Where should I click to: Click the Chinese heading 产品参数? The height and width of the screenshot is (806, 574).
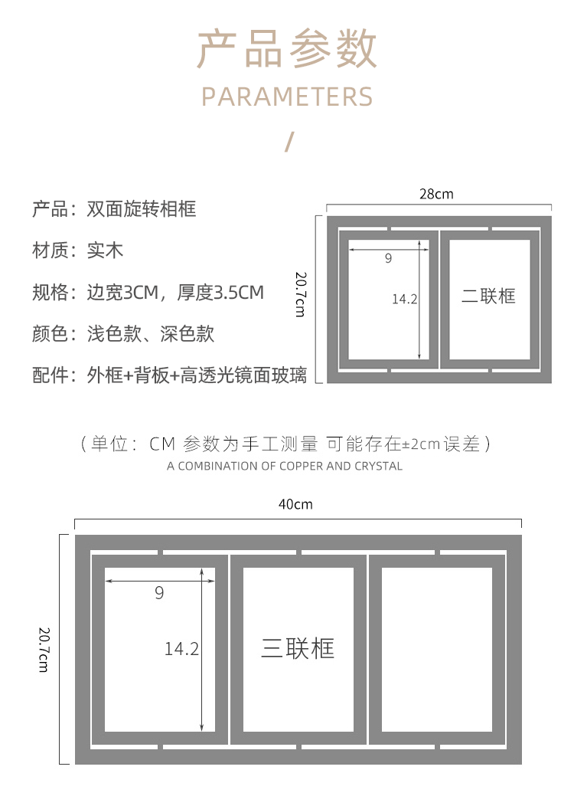click(287, 50)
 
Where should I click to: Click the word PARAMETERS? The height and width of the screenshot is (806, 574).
click(287, 97)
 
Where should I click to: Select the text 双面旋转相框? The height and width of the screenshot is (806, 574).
click(142, 208)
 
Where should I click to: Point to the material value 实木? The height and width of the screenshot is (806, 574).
click(105, 250)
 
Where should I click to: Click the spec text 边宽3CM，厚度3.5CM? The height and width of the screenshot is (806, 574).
click(175, 292)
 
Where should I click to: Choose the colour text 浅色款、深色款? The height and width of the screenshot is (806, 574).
click(150, 333)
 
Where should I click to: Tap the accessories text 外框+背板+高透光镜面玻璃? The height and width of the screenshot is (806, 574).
click(197, 375)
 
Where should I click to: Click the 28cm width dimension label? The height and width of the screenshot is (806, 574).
click(436, 194)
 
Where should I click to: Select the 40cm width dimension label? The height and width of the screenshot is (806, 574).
click(295, 504)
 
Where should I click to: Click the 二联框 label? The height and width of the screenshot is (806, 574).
click(488, 296)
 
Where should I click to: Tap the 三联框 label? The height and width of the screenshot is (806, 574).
click(298, 648)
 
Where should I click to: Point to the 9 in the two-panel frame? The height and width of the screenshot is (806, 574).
click(388, 259)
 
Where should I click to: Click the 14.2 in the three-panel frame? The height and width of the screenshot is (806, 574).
click(181, 649)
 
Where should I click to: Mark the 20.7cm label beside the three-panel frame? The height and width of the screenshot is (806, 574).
click(44, 648)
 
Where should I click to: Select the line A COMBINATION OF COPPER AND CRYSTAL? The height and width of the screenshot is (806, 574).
click(285, 466)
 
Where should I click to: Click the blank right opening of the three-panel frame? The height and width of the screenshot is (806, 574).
click(436, 649)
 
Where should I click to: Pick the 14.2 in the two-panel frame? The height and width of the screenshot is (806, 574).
click(404, 299)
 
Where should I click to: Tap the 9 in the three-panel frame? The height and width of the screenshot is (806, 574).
click(159, 593)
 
